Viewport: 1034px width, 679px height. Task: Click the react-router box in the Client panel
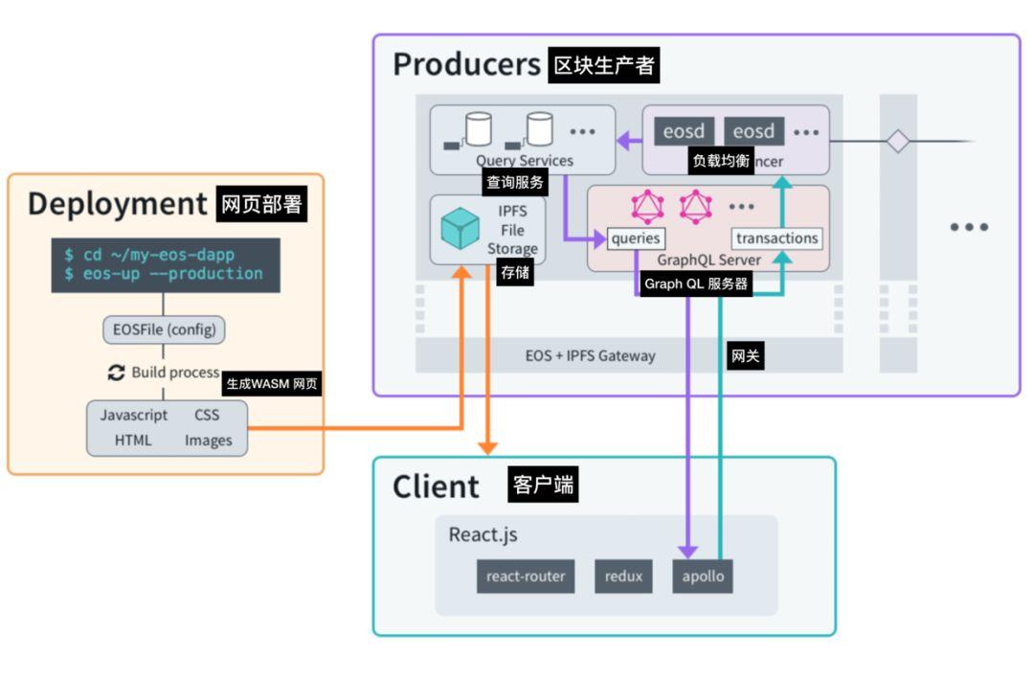click(526, 577)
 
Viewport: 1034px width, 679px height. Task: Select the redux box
click(623, 577)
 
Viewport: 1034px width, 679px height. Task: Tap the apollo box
click(703, 577)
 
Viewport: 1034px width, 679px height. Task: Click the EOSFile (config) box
click(164, 330)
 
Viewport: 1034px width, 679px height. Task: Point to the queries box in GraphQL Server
click(636, 238)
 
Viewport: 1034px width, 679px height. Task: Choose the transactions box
click(777, 238)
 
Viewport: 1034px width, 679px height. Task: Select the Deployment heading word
click(117, 204)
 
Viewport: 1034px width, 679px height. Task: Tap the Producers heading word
click(467, 64)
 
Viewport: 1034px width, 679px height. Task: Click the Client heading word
click(436, 487)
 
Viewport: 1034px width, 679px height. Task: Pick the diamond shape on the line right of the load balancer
click(897, 142)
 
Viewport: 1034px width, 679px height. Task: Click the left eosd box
click(684, 131)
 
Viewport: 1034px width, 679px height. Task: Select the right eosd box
click(753, 131)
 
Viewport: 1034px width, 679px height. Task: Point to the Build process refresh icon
click(117, 373)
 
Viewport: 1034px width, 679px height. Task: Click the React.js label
click(483, 534)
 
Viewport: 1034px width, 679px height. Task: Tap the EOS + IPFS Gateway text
click(591, 355)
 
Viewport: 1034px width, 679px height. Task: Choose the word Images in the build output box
click(209, 441)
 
